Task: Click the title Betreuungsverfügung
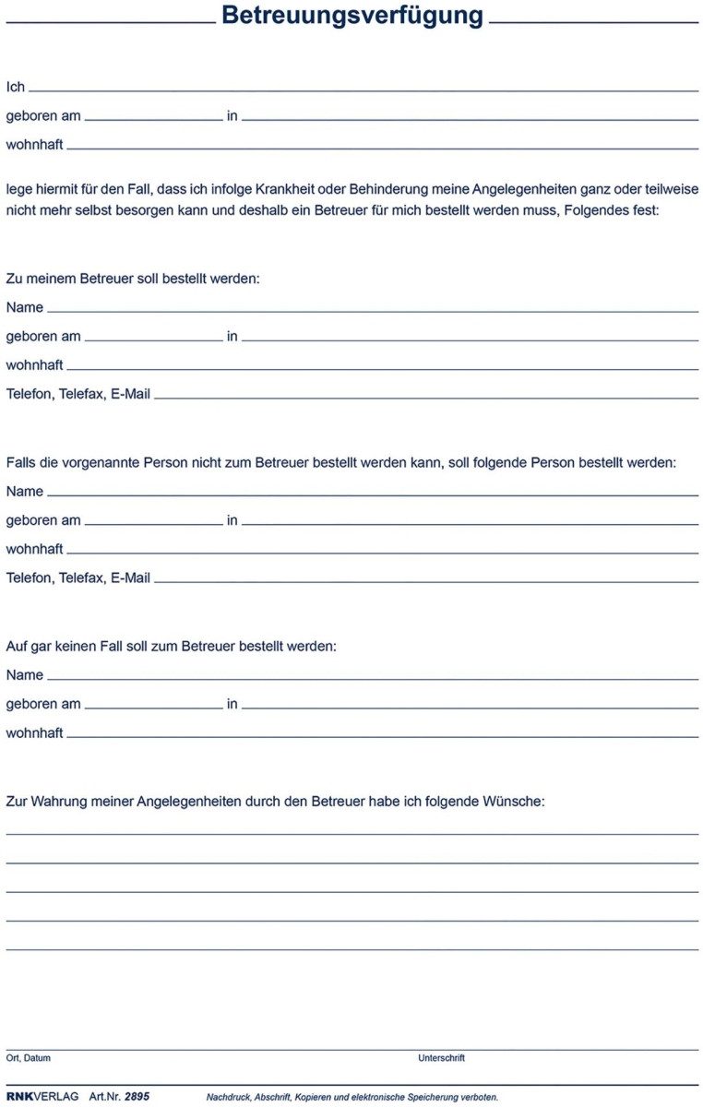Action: coord(351,16)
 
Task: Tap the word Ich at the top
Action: coord(16,87)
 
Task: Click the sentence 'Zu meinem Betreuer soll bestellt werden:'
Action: coord(133,278)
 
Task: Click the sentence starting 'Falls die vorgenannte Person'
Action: coord(340,462)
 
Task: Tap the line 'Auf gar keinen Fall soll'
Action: coord(171,646)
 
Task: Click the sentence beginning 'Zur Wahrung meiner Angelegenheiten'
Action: coord(275,802)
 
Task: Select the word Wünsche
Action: coord(514,802)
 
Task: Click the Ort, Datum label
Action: coord(28,1058)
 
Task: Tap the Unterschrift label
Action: coord(441,1058)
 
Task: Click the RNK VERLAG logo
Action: coord(42,1097)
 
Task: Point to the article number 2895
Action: coord(137,1097)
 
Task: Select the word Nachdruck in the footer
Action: coord(228,1098)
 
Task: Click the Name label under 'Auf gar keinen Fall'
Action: coord(25,675)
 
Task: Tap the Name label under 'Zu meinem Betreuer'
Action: coord(25,307)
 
